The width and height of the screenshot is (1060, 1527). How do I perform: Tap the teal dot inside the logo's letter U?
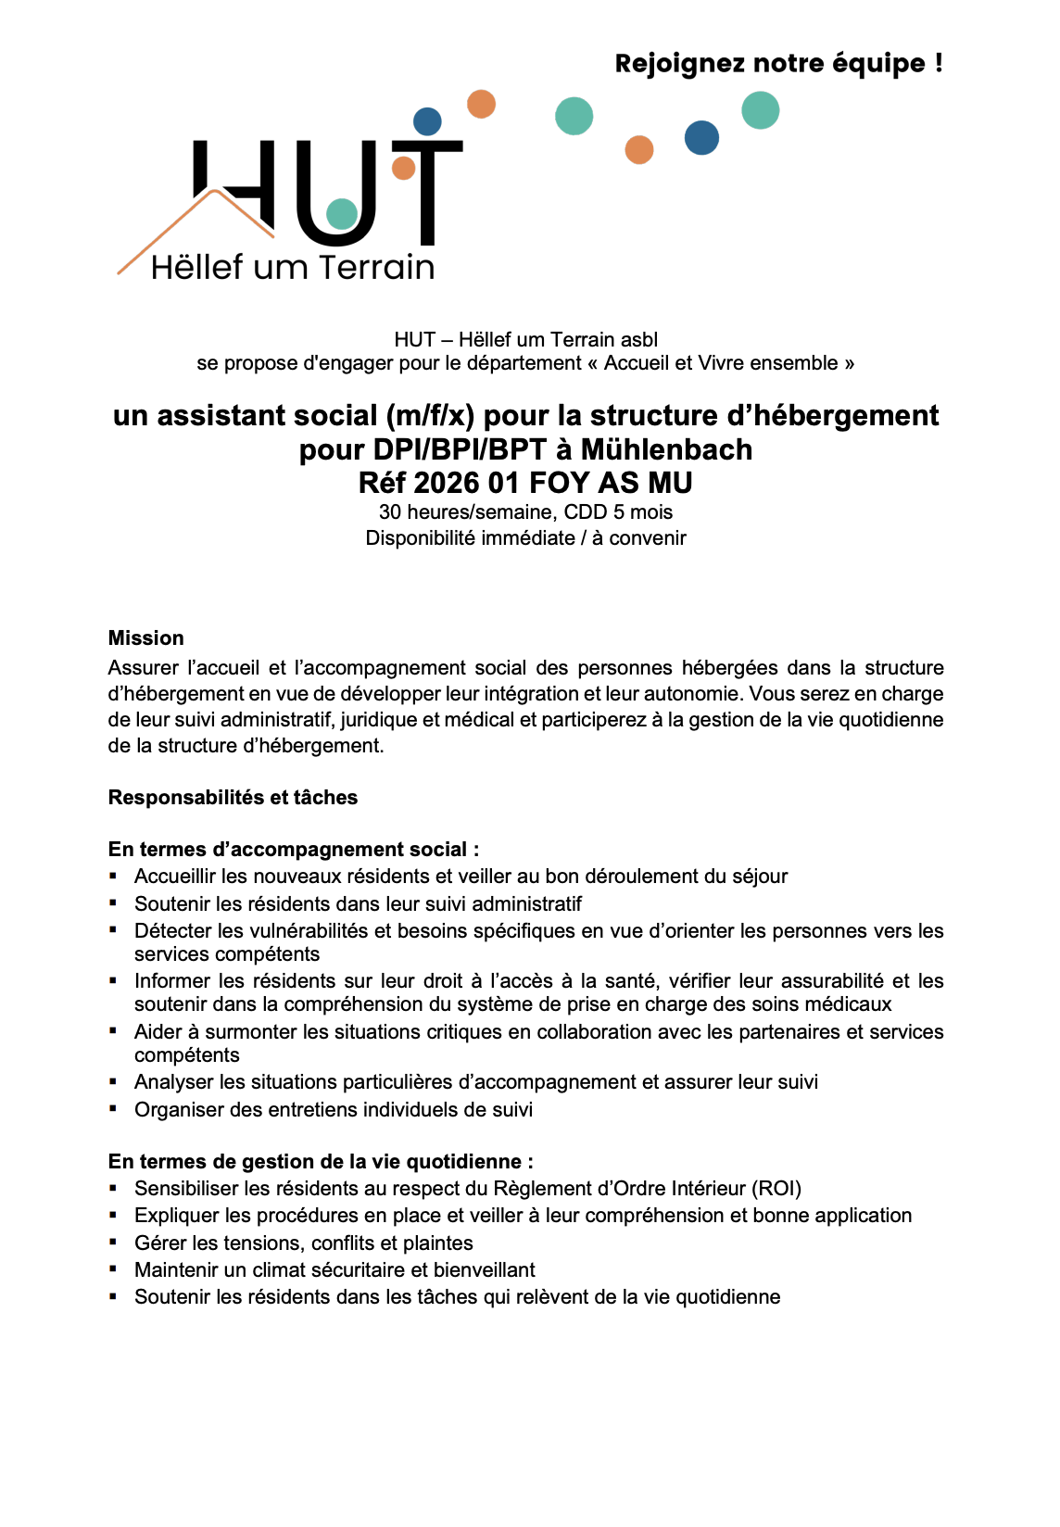[342, 214]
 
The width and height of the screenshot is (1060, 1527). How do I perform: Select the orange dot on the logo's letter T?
[403, 168]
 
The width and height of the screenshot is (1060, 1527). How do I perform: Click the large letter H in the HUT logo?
[235, 185]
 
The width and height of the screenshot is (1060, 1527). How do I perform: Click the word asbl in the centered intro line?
[637, 339]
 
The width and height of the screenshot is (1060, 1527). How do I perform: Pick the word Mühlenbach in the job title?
[666, 449]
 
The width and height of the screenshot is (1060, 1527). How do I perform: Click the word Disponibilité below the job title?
[423, 538]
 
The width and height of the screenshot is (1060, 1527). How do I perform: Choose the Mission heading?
[146, 638]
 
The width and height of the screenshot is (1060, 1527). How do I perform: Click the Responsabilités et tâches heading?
[233, 798]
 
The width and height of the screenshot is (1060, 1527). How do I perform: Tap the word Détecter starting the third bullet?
[174, 931]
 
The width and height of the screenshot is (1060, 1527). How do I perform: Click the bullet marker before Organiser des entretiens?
[113, 1108]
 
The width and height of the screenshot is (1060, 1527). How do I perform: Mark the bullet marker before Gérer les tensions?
[113, 1242]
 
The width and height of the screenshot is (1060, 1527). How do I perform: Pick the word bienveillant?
[485, 1270]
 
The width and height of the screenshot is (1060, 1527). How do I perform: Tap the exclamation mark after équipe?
[939, 64]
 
